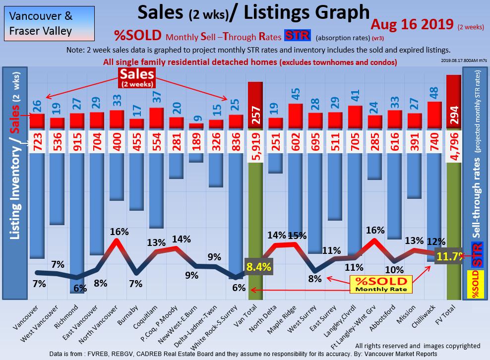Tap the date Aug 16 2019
(x=412, y=24)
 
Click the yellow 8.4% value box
(x=258, y=267)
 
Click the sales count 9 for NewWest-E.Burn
(x=196, y=119)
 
